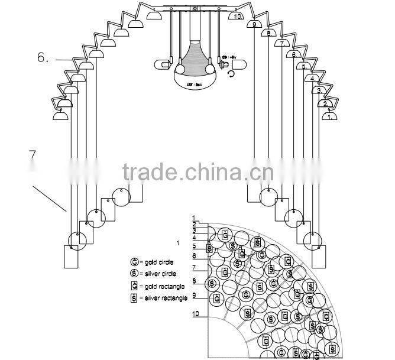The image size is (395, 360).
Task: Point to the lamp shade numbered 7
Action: coord(283,43)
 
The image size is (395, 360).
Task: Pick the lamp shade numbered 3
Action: coord(320,90)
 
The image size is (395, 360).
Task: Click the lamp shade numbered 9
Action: coord(255,24)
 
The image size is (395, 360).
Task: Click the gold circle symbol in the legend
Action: coord(134,261)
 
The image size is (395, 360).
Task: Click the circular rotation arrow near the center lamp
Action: coord(231,73)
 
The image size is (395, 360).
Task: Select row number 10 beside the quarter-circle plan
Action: coord(195,314)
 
